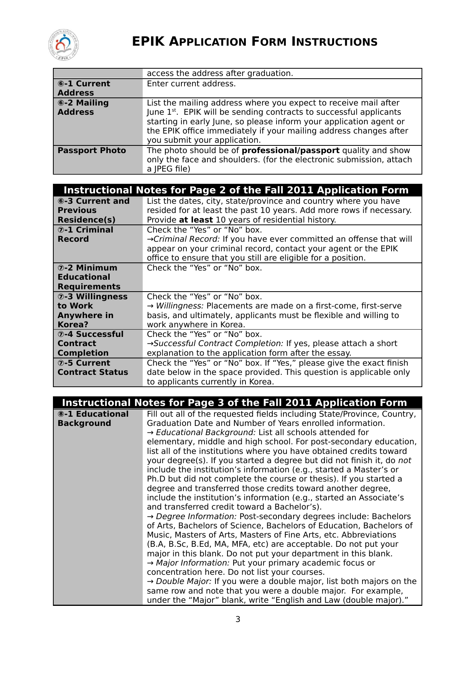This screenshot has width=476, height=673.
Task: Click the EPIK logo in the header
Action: point(64,45)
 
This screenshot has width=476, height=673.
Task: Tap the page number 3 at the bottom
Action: point(238,619)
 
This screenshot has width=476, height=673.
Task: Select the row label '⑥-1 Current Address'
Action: point(84,88)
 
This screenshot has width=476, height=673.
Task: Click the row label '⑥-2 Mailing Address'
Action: point(83,107)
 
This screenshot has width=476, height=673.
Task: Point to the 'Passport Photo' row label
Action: point(92,150)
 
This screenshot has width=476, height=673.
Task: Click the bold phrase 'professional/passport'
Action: point(290,150)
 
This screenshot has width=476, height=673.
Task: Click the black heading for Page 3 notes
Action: point(234,402)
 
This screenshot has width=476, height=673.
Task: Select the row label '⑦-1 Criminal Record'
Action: point(85,234)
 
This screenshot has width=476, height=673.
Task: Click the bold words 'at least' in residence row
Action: point(196,220)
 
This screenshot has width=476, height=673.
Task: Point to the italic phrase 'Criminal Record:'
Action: point(186,239)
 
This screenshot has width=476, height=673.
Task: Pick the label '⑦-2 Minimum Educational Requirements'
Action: point(89,277)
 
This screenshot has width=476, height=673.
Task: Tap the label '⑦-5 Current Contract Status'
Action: point(92,368)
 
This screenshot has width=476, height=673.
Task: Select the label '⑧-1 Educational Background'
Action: point(93,419)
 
